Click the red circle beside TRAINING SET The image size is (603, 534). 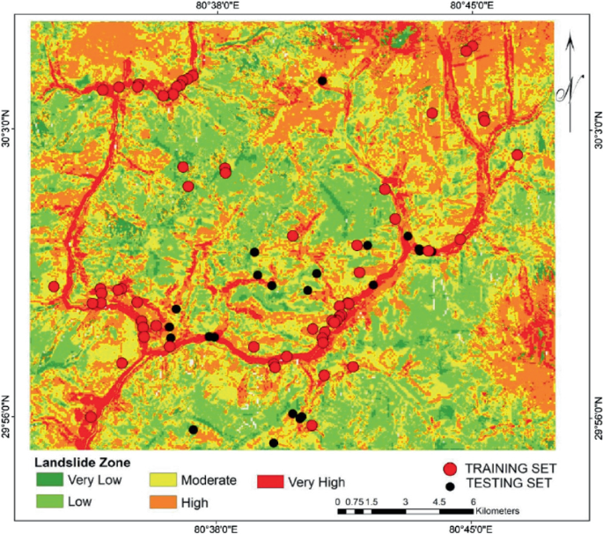pyautogui.click(x=450, y=469)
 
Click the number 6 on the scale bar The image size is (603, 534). pyautogui.click(x=473, y=501)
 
